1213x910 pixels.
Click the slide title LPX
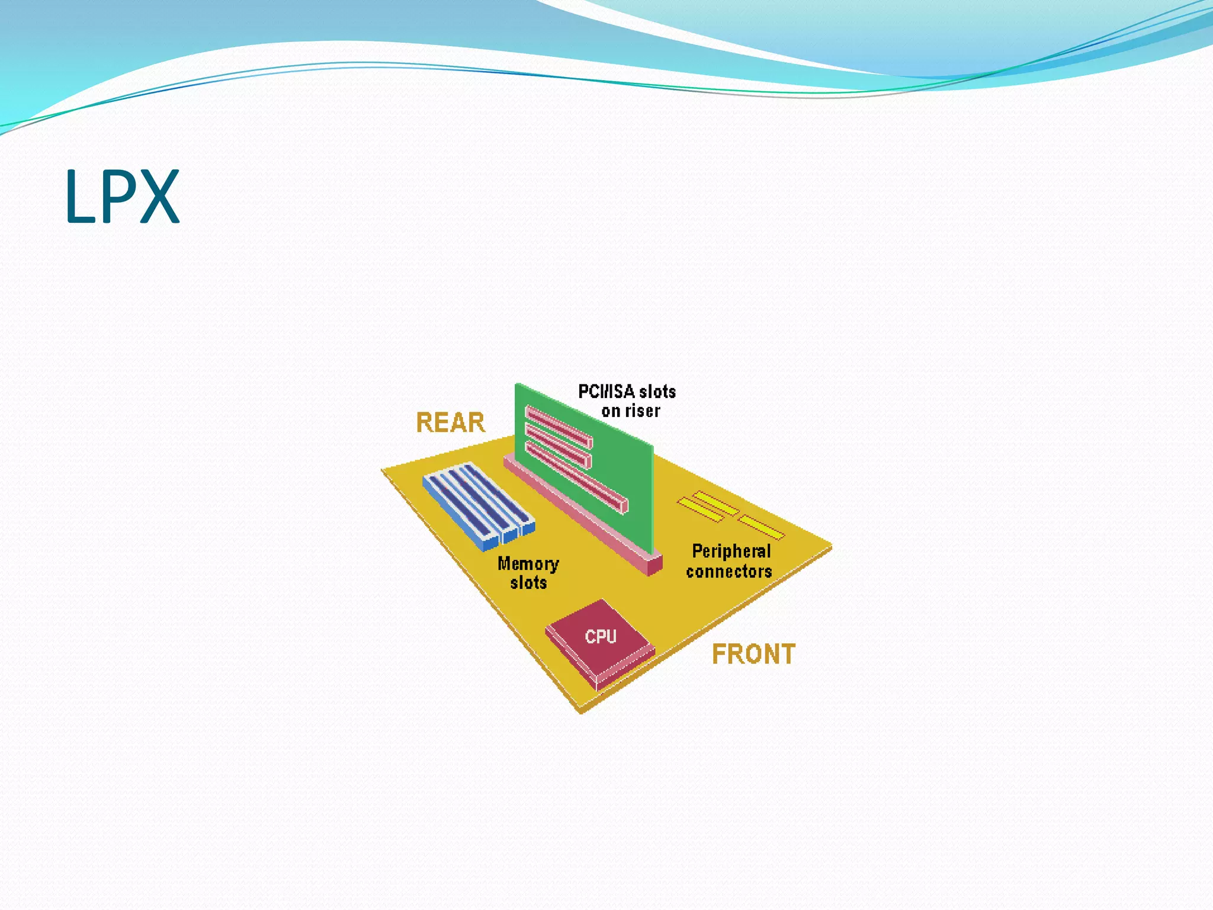pyautogui.click(x=121, y=197)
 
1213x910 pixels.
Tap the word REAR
pyautogui.click(x=450, y=423)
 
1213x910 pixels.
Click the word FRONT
pyautogui.click(x=753, y=655)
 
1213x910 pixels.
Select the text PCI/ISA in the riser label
pyautogui.click(x=606, y=392)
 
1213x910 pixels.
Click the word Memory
pyautogui.click(x=528, y=563)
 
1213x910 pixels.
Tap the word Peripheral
pyautogui.click(x=731, y=552)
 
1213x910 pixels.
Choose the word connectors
pyautogui.click(x=729, y=572)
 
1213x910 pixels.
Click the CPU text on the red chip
pyautogui.click(x=601, y=637)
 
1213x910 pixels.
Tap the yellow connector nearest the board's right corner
pyautogui.click(x=762, y=527)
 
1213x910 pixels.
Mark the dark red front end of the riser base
pyautogui.click(x=654, y=565)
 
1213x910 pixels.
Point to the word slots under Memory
pyautogui.click(x=528, y=583)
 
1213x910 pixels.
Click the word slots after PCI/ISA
pyautogui.click(x=657, y=392)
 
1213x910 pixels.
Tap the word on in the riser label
pyautogui.click(x=611, y=411)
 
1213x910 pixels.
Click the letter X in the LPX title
pyautogui.click(x=159, y=197)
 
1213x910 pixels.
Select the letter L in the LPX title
pyautogui.click(x=79, y=197)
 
